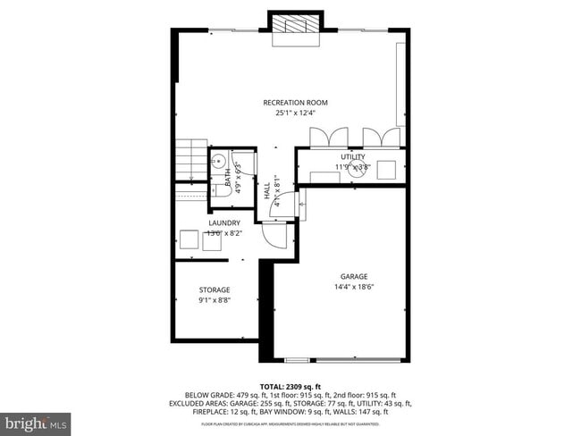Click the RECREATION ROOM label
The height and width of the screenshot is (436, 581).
[x=295, y=103]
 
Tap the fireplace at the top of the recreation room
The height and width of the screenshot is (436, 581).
[x=294, y=28]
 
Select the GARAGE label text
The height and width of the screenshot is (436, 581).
[x=354, y=276]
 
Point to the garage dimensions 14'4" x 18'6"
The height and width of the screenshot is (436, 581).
[x=354, y=287]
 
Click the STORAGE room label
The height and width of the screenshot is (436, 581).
[x=215, y=289]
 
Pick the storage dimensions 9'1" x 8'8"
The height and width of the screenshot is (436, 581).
[x=215, y=300]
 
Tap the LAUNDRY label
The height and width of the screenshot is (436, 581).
[x=223, y=222]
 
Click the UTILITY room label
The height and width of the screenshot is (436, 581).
[x=352, y=157]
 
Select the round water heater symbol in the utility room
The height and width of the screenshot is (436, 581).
[x=358, y=170]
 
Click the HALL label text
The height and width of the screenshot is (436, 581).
[x=267, y=191]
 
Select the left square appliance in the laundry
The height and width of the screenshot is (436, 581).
[x=189, y=239]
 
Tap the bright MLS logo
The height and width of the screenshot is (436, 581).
[x=36, y=420]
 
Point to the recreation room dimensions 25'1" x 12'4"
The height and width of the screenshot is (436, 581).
[x=295, y=113]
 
